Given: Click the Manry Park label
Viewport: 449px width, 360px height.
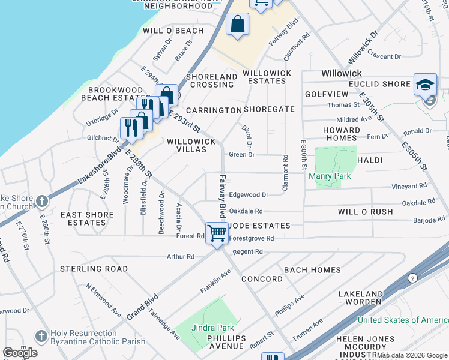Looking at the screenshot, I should pyautogui.click(x=325, y=176).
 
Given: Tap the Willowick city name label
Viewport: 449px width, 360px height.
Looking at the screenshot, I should pyautogui.click(x=342, y=72).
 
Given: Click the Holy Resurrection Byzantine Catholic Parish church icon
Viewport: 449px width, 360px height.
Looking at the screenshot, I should pyautogui.click(x=41, y=336).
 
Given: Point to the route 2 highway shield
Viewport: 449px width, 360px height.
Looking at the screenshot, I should pyautogui.click(x=412, y=278).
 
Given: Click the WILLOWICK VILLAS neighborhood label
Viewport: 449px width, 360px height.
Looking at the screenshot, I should pyautogui.click(x=191, y=146).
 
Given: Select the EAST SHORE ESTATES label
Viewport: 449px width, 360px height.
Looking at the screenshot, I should pyautogui.click(x=87, y=218).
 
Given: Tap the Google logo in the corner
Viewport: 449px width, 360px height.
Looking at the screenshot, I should pyautogui.click(x=20, y=352).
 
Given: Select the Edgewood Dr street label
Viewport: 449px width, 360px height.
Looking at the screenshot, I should pyautogui.click(x=248, y=195).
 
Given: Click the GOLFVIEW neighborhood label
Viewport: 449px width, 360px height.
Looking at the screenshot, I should pyautogui.click(x=326, y=94).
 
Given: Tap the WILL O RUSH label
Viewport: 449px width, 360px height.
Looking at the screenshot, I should pyautogui.click(x=365, y=212).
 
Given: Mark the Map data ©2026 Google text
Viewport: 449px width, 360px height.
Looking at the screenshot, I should pyautogui.click(x=412, y=355).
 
